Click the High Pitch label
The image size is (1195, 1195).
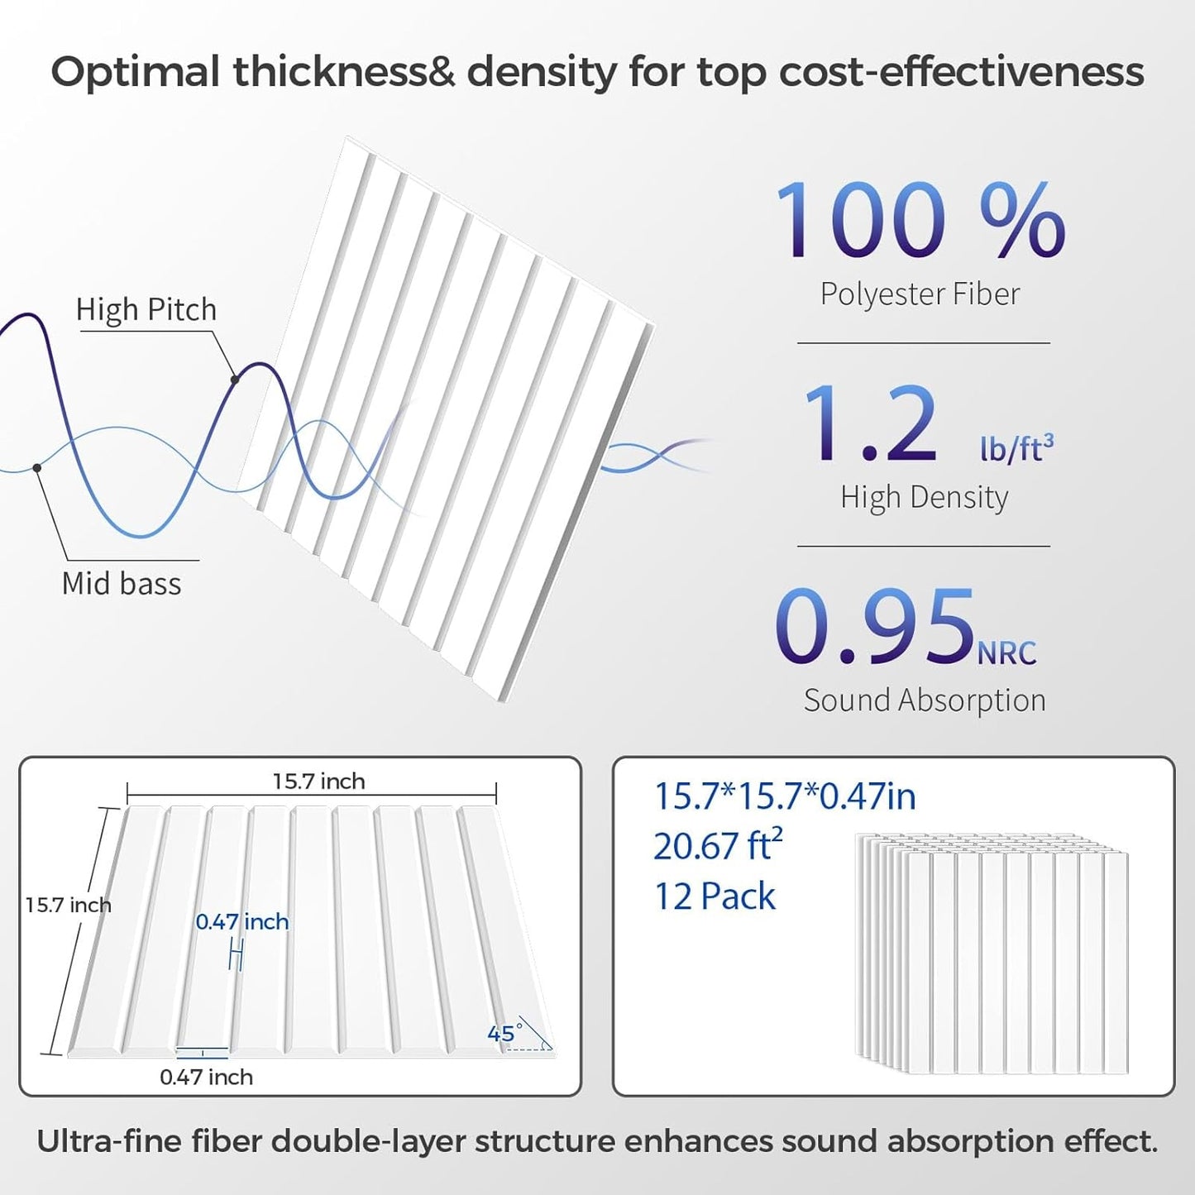coord(146,310)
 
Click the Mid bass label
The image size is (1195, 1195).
coord(122,584)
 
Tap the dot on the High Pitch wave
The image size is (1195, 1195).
coord(235,380)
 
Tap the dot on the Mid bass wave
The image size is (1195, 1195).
coord(37,468)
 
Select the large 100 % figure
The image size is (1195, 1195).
coord(920,221)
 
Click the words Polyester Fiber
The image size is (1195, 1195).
coord(920,294)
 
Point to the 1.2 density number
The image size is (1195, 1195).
coord(870,425)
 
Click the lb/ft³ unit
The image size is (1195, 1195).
coord(1016,447)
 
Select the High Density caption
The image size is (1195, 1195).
coord(924,497)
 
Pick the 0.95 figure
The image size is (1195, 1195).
coord(875,627)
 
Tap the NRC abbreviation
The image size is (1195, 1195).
coord(1006,653)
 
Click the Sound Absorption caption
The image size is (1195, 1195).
coord(925,700)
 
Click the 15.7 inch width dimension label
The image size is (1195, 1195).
coord(318,782)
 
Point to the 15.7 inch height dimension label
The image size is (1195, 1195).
coord(68,905)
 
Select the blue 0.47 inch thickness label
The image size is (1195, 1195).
coord(242,922)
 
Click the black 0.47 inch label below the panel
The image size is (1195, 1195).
coord(206,1077)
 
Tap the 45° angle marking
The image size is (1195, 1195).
coord(504,1033)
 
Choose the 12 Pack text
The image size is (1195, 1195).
coord(715,896)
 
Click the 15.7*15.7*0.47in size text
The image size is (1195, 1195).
coord(785,796)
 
